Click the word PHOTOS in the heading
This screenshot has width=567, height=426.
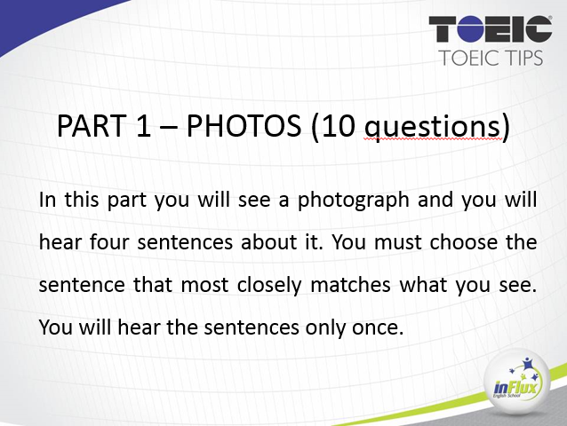(x=244, y=126)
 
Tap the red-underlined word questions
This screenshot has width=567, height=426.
(x=433, y=127)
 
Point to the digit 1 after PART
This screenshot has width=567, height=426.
(x=144, y=126)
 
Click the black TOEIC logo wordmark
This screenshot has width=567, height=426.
(x=491, y=29)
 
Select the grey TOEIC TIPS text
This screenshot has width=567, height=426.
(x=491, y=58)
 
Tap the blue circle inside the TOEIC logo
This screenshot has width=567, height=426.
(x=470, y=29)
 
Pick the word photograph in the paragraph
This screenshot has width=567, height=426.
(x=354, y=201)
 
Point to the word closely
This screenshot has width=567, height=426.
(x=269, y=286)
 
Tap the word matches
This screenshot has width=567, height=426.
(x=350, y=285)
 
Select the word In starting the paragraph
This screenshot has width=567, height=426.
(x=47, y=200)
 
